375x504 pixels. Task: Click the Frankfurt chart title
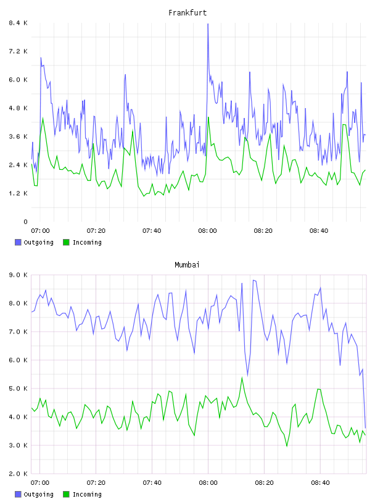tap(187, 13)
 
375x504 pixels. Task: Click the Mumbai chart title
tap(187, 265)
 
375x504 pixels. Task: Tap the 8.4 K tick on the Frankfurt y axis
tap(18, 23)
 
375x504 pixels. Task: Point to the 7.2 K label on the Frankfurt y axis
tap(18, 51)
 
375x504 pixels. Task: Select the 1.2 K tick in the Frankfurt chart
tap(18, 193)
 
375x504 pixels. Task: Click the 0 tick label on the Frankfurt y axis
tap(25, 222)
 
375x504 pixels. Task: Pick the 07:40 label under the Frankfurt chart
tap(152, 231)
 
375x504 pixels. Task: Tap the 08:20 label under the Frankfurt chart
tap(263, 231)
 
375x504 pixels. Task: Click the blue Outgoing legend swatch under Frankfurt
tap(18, 242)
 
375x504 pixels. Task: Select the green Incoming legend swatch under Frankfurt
tap(66, 242)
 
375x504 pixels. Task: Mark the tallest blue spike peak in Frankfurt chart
tap(208, 24)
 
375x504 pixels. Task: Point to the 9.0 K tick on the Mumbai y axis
tap(18, 275)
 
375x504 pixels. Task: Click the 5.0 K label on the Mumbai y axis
tap(18, 388)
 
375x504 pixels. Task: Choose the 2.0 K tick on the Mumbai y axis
tap(18, 474)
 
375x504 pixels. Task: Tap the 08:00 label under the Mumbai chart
tap(208, 483)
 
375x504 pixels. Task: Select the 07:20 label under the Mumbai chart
tap(96, 483)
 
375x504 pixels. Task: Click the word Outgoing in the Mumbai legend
tap(38, 494)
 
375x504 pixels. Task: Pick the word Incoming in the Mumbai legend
tap(87, 494)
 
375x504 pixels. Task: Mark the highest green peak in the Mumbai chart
tap(242, 377)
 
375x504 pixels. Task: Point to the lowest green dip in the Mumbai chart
tap(287, 446)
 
